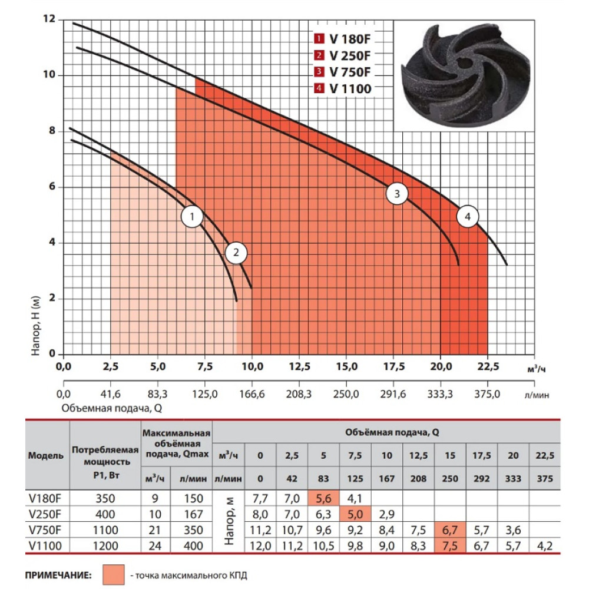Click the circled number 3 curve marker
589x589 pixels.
[x=397, y=194]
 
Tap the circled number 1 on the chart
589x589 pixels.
[x=193, y=217]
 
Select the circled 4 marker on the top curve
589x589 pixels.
[x=468, y=217]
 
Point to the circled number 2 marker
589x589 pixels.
[x=236, y=253]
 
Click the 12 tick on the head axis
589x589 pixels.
[x=49, y=18]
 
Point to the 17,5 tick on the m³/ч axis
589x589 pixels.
[x=394, y=366]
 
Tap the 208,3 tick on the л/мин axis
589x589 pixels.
[x=299, y=395]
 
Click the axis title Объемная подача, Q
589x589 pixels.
[x=111, y=408]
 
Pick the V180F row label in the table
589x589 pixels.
[x=45, y=498]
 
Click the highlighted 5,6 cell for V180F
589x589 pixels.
[x=323, y=498]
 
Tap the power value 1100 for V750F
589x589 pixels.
[x=105, y=530]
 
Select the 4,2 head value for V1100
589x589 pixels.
[x=545, y=546]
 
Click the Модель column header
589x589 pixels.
[x=46, y=456]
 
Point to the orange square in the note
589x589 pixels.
[x=114, y=575]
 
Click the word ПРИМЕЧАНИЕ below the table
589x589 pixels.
[x=58, y=575]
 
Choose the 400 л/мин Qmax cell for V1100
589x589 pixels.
[x=193, y=546]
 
